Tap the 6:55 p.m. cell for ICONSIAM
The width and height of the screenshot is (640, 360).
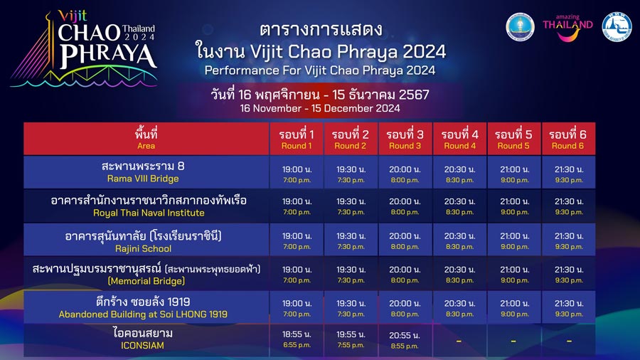(297, 339)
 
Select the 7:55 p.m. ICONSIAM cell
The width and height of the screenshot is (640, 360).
(351, 339)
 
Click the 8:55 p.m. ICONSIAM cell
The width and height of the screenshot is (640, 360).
(405, 339)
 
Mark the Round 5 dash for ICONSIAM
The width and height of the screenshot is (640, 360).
(513, 340)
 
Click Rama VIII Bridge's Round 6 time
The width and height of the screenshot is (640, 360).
(568, 174)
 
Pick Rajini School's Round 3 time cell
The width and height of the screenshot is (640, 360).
(405, 240)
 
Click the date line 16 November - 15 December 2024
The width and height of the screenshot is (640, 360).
(320, 109)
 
